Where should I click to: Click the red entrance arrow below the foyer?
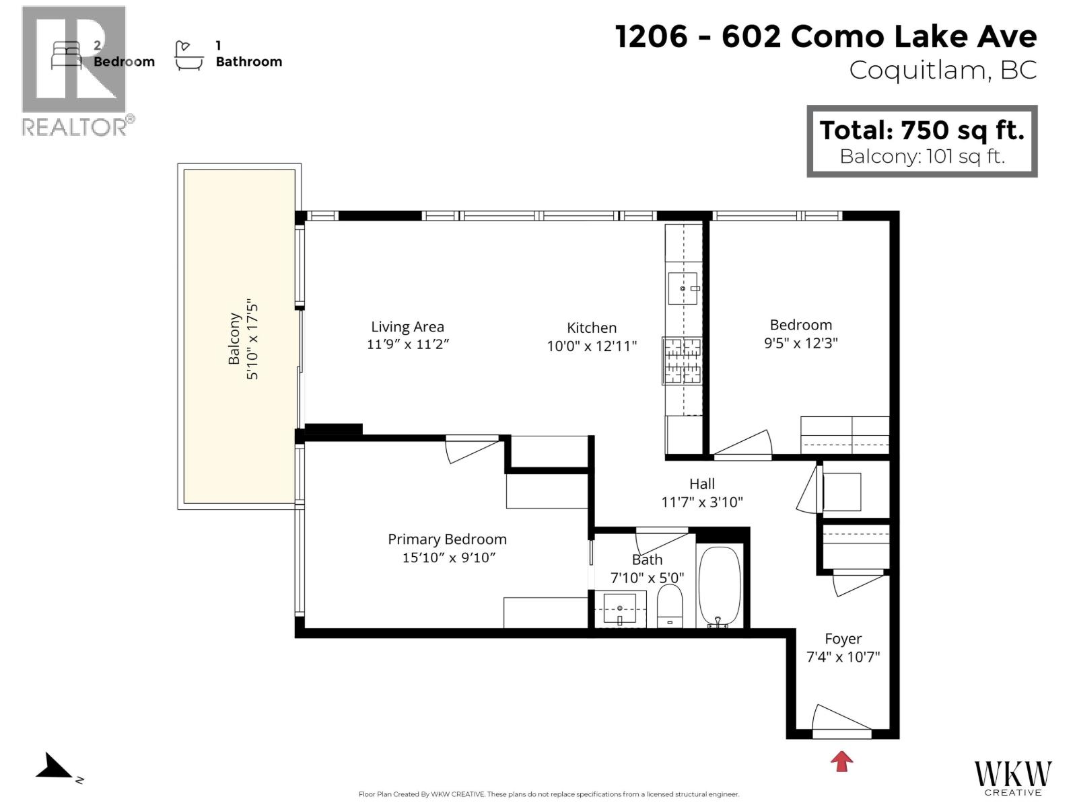point(841,761)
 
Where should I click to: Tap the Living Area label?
point(407,327)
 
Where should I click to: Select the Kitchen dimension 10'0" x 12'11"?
point(592,346)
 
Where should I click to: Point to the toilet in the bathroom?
point(669,605)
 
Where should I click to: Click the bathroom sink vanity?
point(620,608)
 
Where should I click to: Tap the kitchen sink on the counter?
point(683,289)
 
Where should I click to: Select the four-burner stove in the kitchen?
point(683,360)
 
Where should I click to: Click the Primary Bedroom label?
point(447,539)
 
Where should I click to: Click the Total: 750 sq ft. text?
point(922,129)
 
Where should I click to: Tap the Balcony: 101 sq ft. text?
point(922,157)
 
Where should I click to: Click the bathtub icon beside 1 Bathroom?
point(188,55)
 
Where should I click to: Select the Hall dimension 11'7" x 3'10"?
point(702,502)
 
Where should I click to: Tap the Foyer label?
point(843,639)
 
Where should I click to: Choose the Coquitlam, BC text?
point(942,70)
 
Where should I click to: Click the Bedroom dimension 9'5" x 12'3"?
point(800,343)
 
